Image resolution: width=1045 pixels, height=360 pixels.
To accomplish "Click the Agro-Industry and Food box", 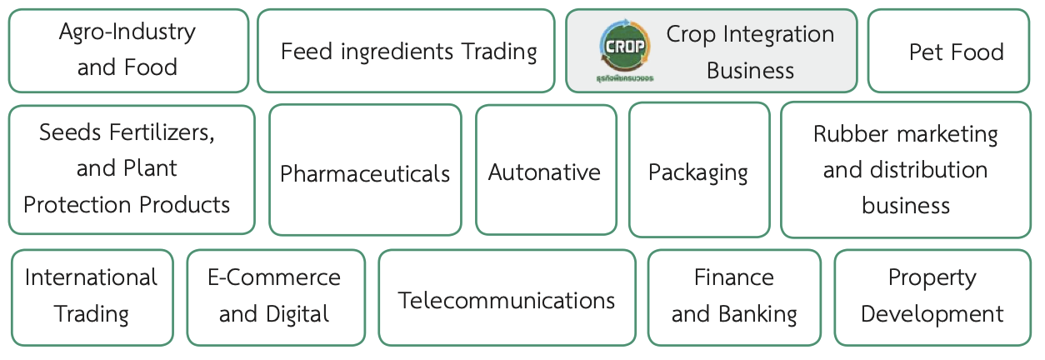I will (127, 50).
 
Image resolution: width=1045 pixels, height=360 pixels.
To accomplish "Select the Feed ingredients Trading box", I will (406, 51).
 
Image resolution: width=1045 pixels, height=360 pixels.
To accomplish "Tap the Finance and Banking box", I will (734, 297).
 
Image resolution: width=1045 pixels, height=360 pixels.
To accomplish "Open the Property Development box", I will (932, 297).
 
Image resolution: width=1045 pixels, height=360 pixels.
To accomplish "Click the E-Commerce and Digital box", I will (275, 297).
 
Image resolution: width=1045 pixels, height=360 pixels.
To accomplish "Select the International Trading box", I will (92, 297).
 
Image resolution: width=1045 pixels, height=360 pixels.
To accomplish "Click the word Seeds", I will (70, 132).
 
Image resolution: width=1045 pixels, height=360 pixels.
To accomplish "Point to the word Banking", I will (757, 314).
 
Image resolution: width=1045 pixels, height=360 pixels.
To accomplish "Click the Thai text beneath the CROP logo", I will (625, 78).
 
